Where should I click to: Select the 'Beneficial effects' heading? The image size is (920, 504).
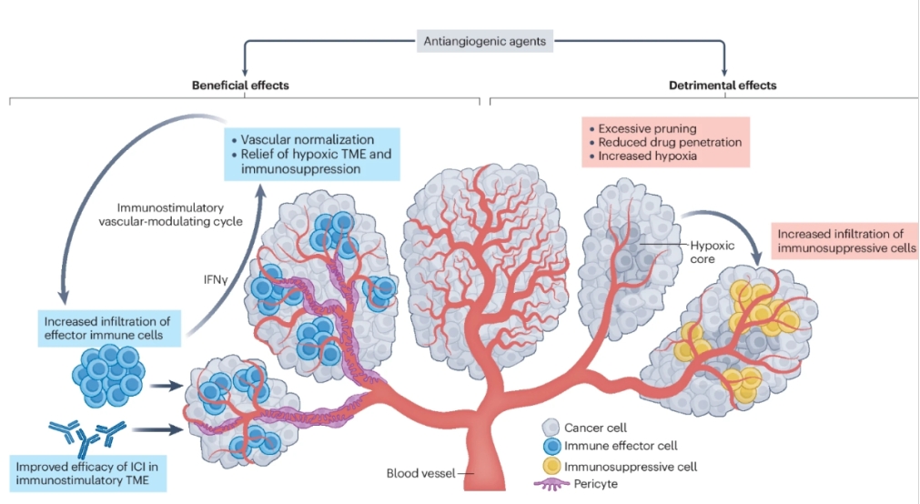click(240, 85)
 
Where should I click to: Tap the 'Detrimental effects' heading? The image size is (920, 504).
click(723, 85)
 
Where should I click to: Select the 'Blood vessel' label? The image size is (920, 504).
click(417, 473)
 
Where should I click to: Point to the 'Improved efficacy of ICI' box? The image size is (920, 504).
click(87, 473)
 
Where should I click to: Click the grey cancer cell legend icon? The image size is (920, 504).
click(550, 427)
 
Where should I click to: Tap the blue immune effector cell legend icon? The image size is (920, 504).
click(550, 447)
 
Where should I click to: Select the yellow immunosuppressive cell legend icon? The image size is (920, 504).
click(550, 466)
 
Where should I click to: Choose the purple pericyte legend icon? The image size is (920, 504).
click(550, 485)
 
